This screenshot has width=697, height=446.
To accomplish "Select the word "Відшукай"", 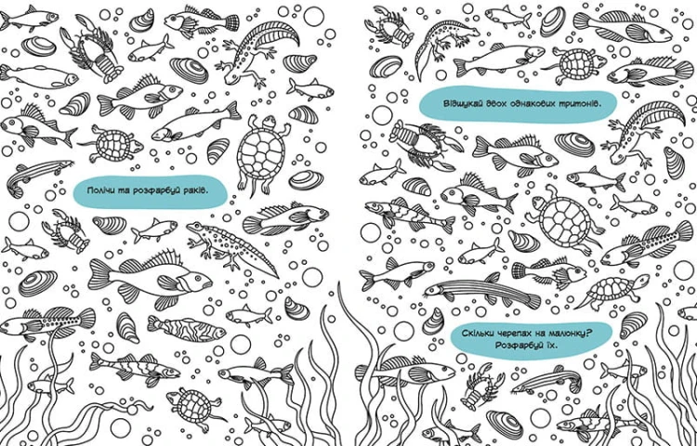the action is coord(459,104).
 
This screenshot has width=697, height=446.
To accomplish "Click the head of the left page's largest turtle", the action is coord(268,122).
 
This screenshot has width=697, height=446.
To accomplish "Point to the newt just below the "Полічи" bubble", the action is coord(231,246).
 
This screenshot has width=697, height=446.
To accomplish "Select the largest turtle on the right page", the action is coord(564,220).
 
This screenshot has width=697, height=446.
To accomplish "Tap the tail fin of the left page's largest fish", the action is coord(99,274).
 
